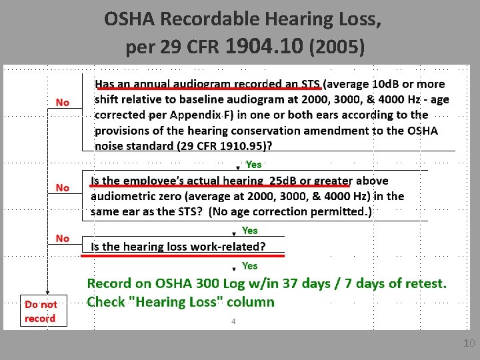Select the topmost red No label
pyautogui.click(x=63, y=102)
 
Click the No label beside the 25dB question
pyautogui.click(x=63, y=188)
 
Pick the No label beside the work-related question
pyautogui.click(x=63, y=238)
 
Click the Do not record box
pyautogui.click(x=40, y=311)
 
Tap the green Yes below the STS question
pyautogui.click(x=254, y=164)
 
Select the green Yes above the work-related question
pyautogui.click(x=249, y=230)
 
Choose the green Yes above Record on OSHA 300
pyautogui.click(x=249, y=265)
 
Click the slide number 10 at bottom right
pyautogui.click(x=469, y=343)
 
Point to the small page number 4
pyautogui.click(x=233, y=321)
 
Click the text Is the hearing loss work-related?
pyautogui.click(x=178, y=247)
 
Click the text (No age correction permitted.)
pyautogui.click(x=291, y=211)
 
